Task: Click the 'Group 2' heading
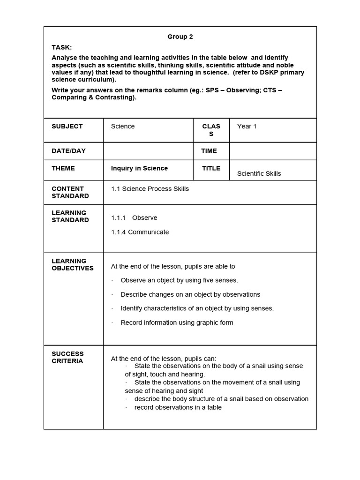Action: [180, 37]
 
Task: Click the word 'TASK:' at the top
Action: [62, 47]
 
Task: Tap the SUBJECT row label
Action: [67, 126]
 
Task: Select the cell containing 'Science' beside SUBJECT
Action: [123, 126]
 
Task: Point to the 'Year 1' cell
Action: [247, 126]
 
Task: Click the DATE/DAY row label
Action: [68, 150]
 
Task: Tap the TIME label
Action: [209, 150]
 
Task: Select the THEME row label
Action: [63, 168]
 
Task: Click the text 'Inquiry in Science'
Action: [139, 168]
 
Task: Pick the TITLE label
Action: [211, 168]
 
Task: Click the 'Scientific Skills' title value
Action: [259, 173]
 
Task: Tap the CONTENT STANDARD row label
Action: [68, 192]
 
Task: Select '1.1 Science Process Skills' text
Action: [150, 188]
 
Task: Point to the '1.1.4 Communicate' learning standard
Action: [140, 232]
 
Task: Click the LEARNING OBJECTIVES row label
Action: [73, 264]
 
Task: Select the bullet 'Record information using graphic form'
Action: [177, 322]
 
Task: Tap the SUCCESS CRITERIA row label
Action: [67, 357]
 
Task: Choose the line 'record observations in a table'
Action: [178, 407]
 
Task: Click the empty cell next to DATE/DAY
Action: [148, 150]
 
